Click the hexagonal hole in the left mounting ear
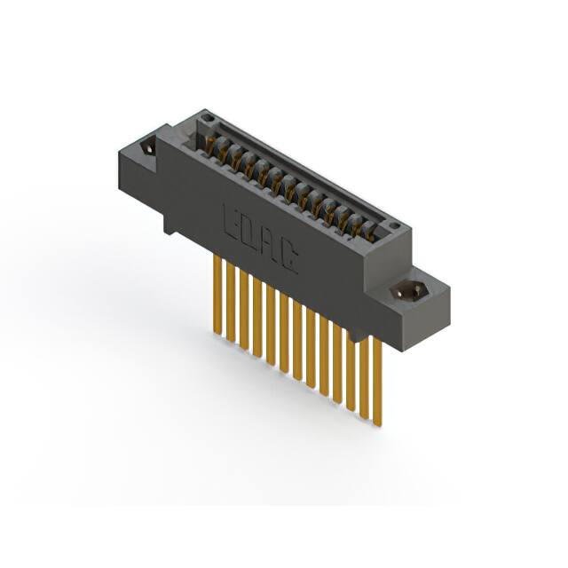(147, 146)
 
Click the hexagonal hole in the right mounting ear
(410, 289)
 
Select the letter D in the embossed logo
(248, 233)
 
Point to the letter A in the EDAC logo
(269, 246)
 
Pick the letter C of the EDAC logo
(289, 259)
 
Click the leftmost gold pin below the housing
(217, 293)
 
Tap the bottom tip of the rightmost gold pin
(378, 423)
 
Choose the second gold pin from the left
(231, 302)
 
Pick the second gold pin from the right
(364, 375)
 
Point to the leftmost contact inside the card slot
(211, 142)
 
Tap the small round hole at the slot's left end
(206, 117)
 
